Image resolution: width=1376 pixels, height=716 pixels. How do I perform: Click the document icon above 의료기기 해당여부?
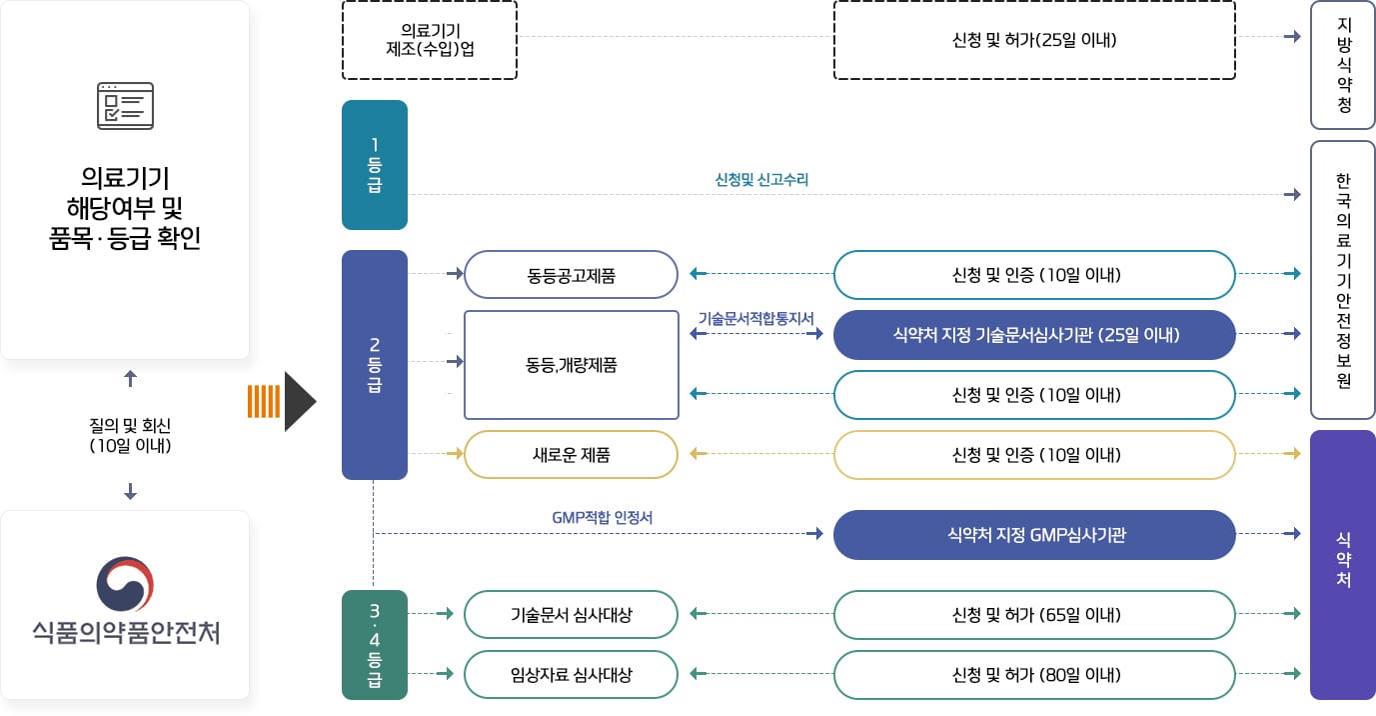[x=125, y=106]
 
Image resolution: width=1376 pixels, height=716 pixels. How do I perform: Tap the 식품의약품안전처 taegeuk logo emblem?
[x=125, y=583]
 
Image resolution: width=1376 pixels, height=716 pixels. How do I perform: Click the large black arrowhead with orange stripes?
[x=298, y=401]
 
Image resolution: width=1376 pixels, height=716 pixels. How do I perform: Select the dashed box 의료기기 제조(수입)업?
[x=430, y=40]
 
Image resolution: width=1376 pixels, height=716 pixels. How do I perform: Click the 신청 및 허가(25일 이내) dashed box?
[x=1034, y=40]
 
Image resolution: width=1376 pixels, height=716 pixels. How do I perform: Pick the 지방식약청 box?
[x=1343, y=65]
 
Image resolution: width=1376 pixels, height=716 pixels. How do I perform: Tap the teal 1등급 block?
[x=375, y=165]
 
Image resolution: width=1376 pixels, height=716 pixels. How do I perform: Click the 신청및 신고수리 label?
[x=761, y=180]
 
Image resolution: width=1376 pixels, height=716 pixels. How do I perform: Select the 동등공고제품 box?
[x=572, y=275]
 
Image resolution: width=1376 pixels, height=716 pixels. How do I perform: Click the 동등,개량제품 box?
[x=572, y=365]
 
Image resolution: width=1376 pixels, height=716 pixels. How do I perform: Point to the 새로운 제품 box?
[x=572, y=455]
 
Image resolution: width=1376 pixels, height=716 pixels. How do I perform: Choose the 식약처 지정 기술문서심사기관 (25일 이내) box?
[x=1034, y=335]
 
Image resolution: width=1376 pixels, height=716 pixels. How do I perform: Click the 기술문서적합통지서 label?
[x=755, y=318]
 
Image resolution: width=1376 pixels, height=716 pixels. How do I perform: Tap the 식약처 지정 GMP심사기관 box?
[x=1034, y=535]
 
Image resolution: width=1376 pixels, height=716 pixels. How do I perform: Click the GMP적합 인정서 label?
[x=602, y=518]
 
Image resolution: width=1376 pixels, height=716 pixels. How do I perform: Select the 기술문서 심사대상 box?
[x=572, y=615]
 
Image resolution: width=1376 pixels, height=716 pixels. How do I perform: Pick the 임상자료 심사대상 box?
[x=572, y=675]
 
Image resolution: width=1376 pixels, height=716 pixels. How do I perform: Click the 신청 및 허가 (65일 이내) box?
[x=1034, y=615]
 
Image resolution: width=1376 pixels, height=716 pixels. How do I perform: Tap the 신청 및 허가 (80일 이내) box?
[x=1034, y=675]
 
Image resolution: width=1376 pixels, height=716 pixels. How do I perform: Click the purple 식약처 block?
[x=1343, y=565]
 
